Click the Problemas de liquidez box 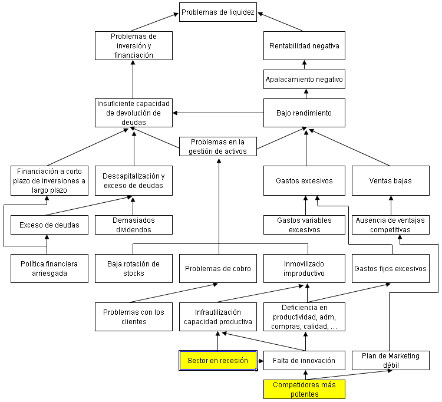click(x=218, y=12)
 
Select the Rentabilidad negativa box click(x=304, y=45)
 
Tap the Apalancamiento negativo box click(x=304, y=79)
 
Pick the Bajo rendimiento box click(x=304, y=113)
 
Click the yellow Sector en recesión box click(x=217, y=360)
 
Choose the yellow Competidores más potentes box click(x=304, y=390)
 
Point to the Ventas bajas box click(x=390, y=180)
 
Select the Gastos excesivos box click(x=304, y=180)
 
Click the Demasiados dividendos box click(x=134, y=225)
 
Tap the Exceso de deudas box click(x=45, y=225)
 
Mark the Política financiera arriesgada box click(x=45, y=269)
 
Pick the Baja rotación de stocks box click(x=134, y=269)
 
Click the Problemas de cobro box click(x=218, y=269)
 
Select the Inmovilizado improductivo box click(x=304, y=269)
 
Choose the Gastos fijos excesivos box click(x=390, y=269)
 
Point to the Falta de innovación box click(x=304, y=360)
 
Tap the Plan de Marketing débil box click(x=390, y=360)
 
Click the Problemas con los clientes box click(x=134, y=317)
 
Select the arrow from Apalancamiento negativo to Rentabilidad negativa click(x=305, y=64)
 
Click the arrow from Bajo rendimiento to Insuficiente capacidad click(x=218, y=113)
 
